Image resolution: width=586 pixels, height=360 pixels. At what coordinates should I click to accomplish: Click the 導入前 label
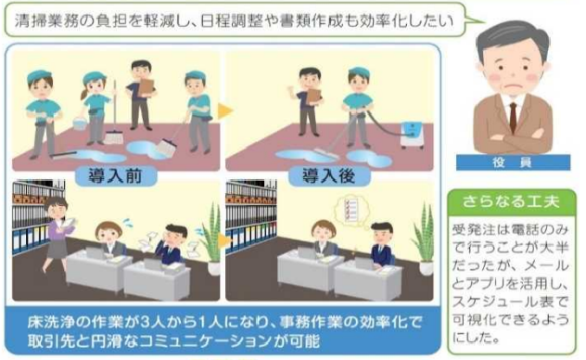[116, 176]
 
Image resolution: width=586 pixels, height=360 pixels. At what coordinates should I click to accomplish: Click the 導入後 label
[329, 176]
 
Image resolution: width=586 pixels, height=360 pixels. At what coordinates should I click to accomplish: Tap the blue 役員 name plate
[513, 162]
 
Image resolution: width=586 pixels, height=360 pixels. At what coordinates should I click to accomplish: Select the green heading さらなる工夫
[511, 202]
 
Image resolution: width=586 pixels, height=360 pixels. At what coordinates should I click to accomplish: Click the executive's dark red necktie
[513, 116]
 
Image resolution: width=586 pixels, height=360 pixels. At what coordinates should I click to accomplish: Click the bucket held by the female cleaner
[80, 123]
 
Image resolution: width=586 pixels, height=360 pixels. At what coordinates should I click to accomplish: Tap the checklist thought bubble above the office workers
[350, 210]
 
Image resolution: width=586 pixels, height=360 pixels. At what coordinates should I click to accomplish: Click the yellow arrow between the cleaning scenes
[225, 110]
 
